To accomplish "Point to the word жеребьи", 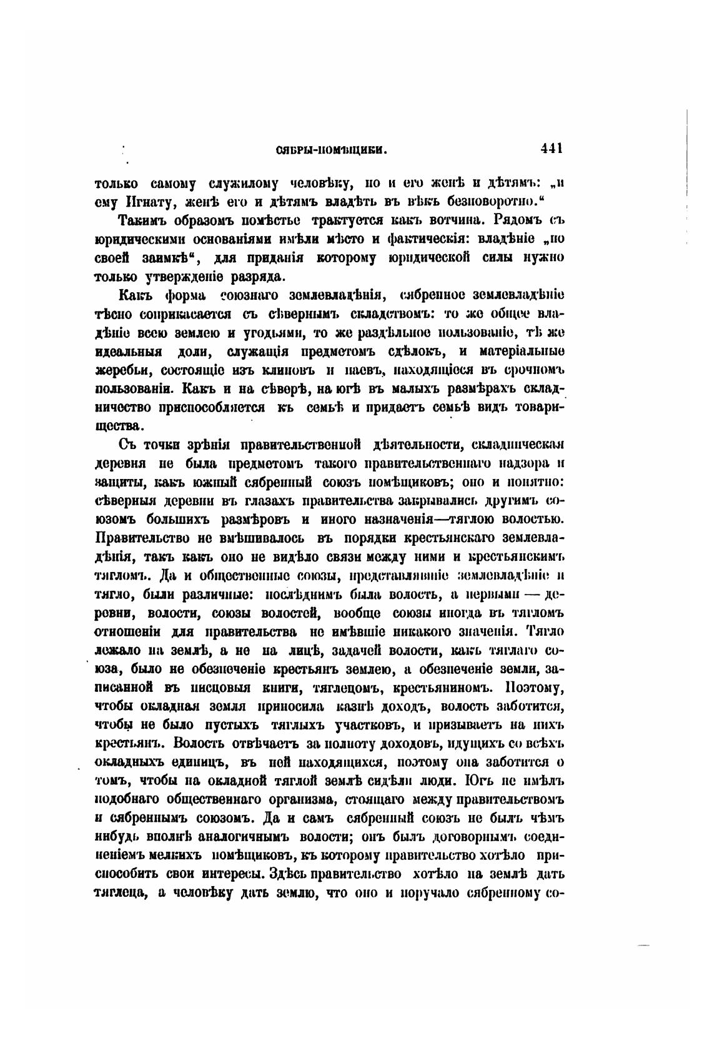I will pyautogui.click(x=121, y=368).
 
